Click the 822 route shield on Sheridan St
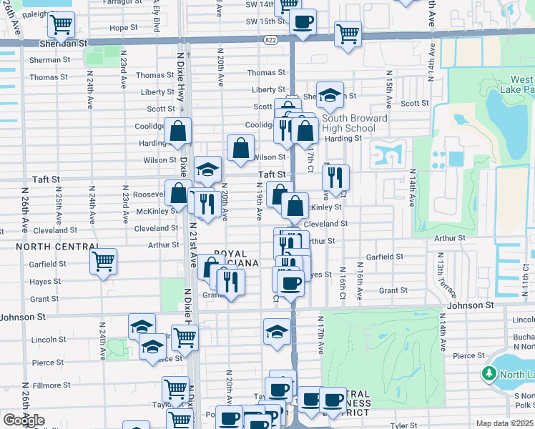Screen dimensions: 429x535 tap(270, 41)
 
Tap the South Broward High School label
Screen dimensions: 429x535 tap(354, 123)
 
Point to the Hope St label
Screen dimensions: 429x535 tap(123, 28)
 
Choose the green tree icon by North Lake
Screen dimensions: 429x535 tap(489, 374)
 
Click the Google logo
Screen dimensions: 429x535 tap(24, 420)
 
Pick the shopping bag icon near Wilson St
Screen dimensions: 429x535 tap(241, 148)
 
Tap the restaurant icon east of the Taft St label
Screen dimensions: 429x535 tap(335, 178)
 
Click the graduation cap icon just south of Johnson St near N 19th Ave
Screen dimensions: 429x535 tap(278, 332)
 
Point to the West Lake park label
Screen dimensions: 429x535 tap(521, 84)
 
